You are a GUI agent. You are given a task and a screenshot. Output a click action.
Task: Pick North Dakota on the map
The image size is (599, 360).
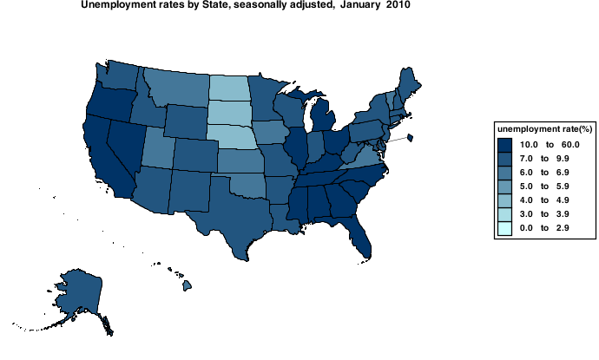coord(229,88)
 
